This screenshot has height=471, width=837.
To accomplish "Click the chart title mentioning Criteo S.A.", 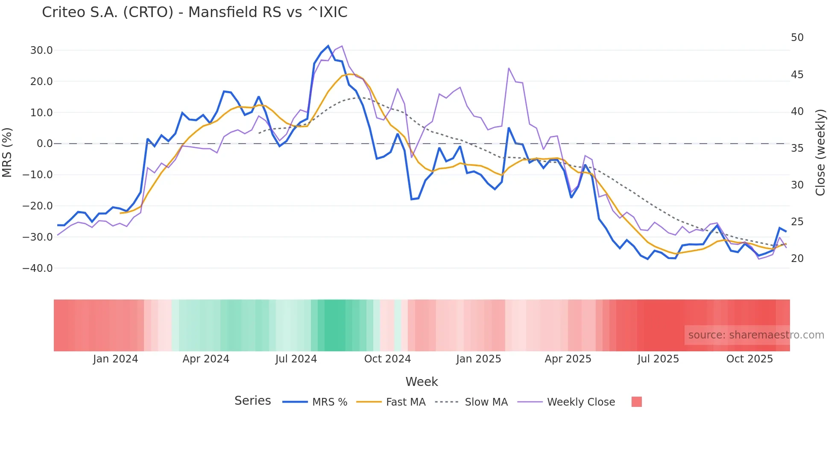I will (194, 12).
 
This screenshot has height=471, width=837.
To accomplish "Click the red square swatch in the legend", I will (636, 402).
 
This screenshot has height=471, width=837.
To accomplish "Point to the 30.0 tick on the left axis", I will (41, 50).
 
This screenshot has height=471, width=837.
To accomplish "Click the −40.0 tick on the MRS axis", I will (38, 268).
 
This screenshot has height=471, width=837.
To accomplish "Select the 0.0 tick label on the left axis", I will (44, 144).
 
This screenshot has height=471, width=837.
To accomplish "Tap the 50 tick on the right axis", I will (797, 38).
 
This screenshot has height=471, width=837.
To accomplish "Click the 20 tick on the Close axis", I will (797, 259).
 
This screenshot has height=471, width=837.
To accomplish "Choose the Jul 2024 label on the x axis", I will (296, 359).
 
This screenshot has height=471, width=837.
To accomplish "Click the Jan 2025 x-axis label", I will (478, 359).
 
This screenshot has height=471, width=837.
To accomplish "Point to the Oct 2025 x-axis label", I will (749, 359).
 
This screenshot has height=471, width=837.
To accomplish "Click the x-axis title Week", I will (421, 382).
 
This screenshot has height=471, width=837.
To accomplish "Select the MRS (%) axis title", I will (7, 153).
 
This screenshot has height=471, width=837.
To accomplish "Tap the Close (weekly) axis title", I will (820, 153).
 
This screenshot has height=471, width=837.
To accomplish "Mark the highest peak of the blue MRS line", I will (328, 46).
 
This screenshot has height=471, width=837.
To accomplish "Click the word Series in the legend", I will (252, 401).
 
